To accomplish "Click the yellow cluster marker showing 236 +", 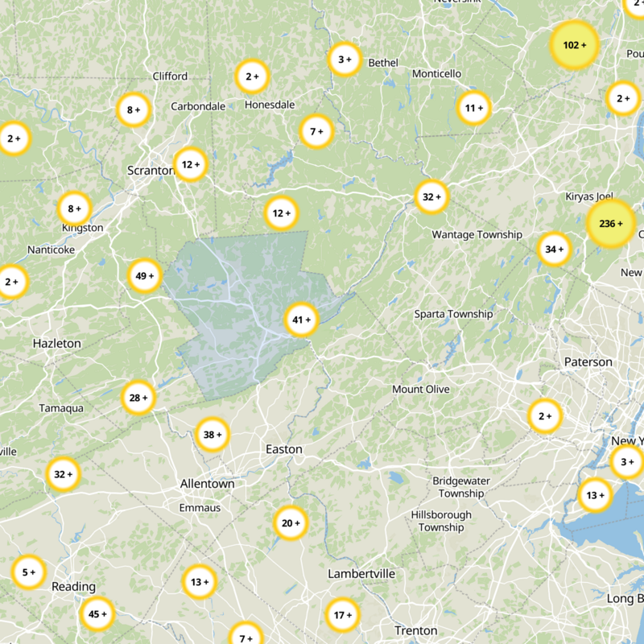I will coord(611,223).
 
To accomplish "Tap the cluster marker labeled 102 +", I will coord(574,45).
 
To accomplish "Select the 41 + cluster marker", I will coord(302,320).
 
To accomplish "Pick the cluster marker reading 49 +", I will coord(145,276).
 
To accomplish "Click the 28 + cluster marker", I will coord(138,398).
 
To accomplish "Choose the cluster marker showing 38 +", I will coord(213,435).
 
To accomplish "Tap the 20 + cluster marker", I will coord(290,523).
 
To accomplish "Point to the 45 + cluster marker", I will coord(97,614).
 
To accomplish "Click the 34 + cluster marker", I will coord(554,249).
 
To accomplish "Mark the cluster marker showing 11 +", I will coord(474,107).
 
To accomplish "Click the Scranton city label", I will coord(151,170).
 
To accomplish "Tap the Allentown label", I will coord(207,484).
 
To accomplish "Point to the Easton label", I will coord(284,449).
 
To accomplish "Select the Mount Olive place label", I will coord(420,389).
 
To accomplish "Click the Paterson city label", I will coord(588,362).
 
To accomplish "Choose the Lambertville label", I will coord(361,573).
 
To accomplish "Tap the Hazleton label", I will coord(56,343).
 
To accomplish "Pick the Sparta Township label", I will coord(453,314).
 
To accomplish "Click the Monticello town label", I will coord(436,73).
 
